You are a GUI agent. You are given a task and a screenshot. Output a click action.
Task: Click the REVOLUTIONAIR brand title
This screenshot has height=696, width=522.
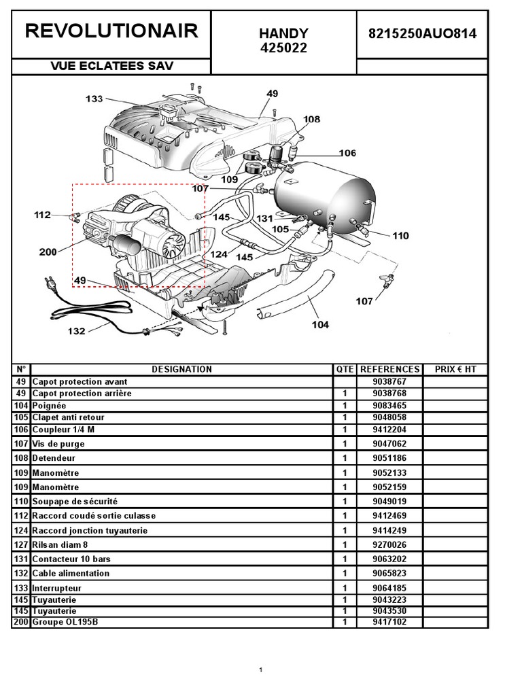(x=111, y=31)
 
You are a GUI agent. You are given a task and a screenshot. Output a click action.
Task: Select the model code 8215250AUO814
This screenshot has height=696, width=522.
(x=423, y=34)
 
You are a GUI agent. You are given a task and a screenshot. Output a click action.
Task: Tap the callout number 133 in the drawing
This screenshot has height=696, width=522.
(x=94, y=99)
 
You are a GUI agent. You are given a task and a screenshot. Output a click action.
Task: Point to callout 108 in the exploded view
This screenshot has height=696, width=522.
(x=311, y=119)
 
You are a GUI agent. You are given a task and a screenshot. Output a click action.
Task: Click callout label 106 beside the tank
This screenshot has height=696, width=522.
(x=347, y=153)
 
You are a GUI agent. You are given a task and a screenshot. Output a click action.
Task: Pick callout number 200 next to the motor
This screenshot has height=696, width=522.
(x=48, y=252)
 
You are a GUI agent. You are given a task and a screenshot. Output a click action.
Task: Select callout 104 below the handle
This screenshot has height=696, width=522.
(x=320, y=324)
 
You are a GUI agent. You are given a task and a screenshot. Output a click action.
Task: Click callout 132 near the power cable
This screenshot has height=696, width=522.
(x=76, y=331)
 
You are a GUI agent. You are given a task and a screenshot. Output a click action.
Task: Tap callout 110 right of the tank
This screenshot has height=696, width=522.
(x=400, y=236)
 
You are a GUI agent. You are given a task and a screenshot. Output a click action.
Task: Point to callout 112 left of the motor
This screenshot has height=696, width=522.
(x=43, y=215)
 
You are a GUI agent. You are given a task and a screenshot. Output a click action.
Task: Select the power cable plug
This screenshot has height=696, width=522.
(x=50, y=284)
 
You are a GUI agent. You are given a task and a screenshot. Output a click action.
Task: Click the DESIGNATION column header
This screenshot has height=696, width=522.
(x=181, y=369)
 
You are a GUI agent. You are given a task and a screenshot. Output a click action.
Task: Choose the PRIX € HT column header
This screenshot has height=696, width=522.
(x=455, y=369)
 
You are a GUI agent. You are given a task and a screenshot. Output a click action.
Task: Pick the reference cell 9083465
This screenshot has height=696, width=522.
(x=389, y=405)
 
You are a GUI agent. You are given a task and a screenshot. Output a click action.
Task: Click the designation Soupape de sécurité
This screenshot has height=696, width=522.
(x=75, y=502)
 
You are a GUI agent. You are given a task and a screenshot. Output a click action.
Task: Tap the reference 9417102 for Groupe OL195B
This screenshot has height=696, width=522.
(x=389, y=622)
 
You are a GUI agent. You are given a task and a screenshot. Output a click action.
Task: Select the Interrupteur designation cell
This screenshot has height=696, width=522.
(x=57, y=588)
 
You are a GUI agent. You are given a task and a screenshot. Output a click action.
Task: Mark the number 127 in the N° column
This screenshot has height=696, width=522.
(x=21, y=544)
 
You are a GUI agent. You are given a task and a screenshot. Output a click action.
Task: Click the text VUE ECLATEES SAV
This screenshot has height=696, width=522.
(x=111, y=66)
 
